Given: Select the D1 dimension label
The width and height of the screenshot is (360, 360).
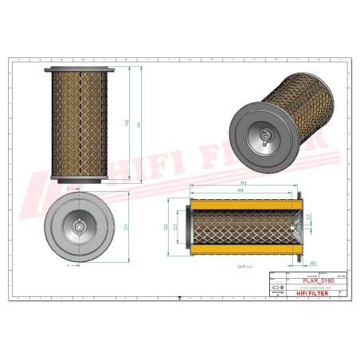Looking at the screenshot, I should [127, 227].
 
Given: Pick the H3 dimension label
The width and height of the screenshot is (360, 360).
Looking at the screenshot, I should [242, 183].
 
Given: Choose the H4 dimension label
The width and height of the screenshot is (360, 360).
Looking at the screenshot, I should [241, 192].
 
